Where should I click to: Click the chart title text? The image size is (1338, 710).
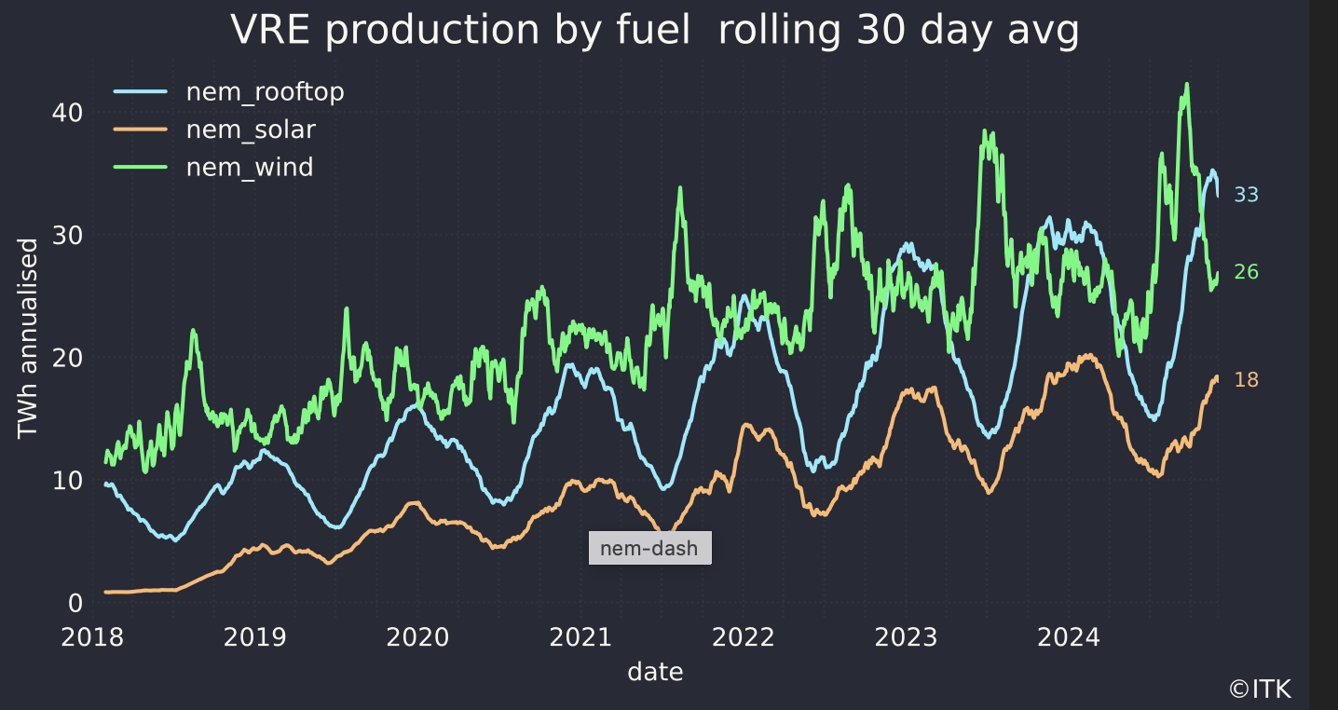pyautogui.click(x=654, y=31)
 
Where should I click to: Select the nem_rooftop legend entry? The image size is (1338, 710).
pyautogui.click(x=265, y=92)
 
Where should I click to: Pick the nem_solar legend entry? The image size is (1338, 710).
pyautogui.click(x=251, y=130)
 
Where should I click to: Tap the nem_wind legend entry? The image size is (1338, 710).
pyautogui.click(x=249, y=168)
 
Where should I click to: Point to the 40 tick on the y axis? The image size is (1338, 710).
pyautogui.click(x=68, y=112)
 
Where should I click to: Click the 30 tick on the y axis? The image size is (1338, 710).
pyautogui.click(x=68, y=235)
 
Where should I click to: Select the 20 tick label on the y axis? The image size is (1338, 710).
pyautogui.click(x=68, y=358)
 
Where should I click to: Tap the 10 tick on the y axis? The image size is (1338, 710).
pyautogui.click(x=68, y=481)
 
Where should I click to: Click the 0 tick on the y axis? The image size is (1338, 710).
pyautogui.click(x=75, y=604)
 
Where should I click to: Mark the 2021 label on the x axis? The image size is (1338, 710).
pyautogui.click(x=581, y=638)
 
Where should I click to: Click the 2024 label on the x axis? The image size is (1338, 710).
pyautogui.click(x=1069, y=638)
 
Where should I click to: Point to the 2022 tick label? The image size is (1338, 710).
pyautogui.click(x=744, y=638)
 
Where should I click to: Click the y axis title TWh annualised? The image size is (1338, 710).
pyautogui.click(x=28, y=339)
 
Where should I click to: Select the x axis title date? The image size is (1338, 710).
pyautogui.click(x=655, y=671)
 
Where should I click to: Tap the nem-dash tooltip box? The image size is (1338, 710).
pyautogui.click(x=649, y=548)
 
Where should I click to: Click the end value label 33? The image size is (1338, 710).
pyautogui.click(x=1246, y=195)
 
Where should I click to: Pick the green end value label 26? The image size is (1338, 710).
pyautogui.click(x=1246, y=272)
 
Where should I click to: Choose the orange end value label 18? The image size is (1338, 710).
pyautogui.click(x=1246, y=380)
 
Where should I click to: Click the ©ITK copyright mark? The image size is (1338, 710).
pyautogui.click(x=1261, y=690)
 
